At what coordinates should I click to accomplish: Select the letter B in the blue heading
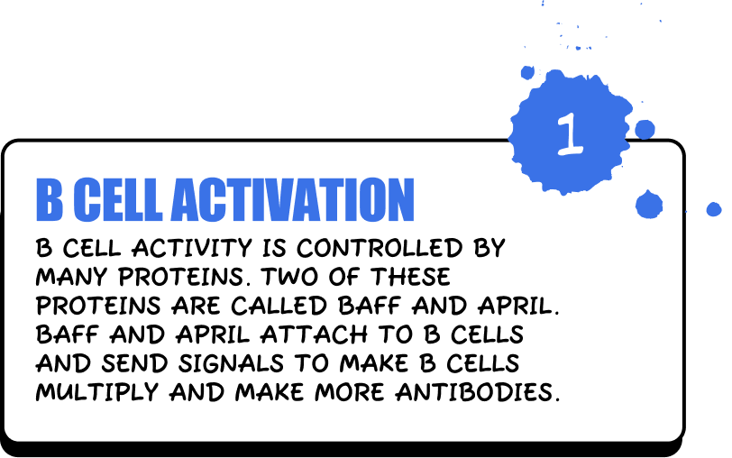(50, 200)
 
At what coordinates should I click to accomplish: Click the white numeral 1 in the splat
(568, 133)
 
